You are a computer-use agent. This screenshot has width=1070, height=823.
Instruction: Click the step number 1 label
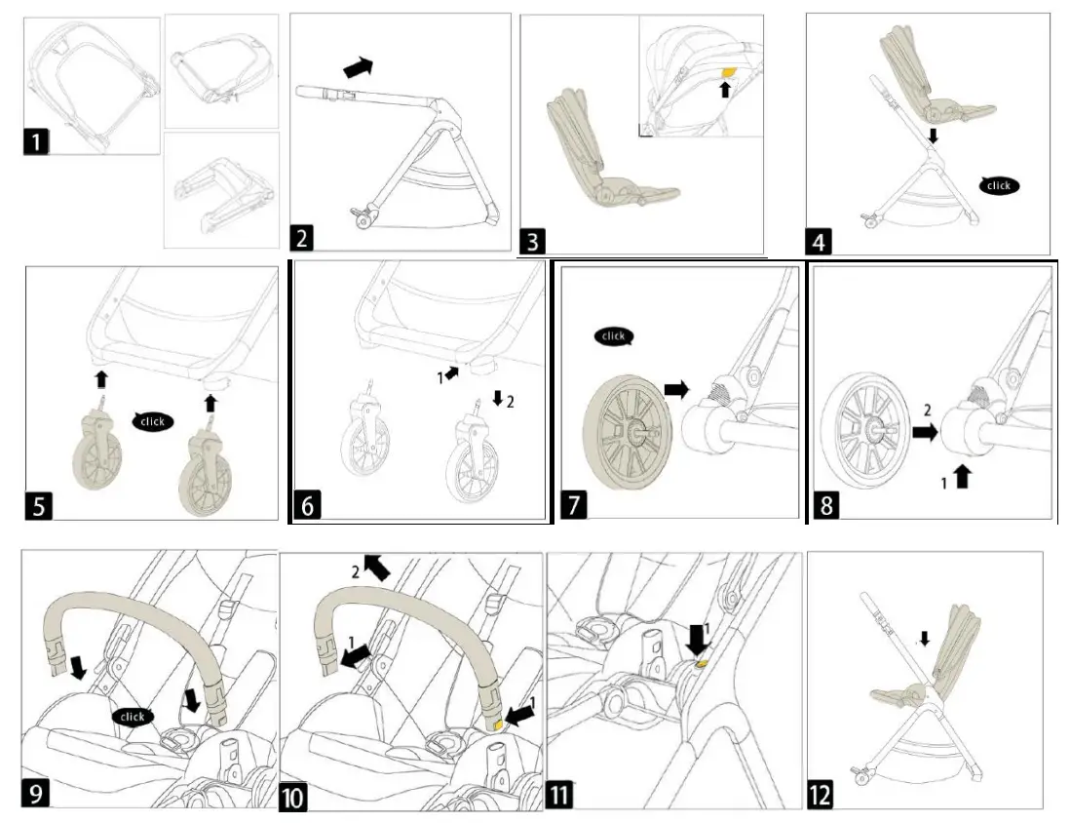click(36, 141)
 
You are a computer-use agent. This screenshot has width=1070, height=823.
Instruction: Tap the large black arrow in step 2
click(358, 67)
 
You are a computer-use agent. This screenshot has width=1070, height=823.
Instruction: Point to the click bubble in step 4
click(999, 185)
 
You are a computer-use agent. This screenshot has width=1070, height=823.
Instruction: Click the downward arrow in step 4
click(933, 137)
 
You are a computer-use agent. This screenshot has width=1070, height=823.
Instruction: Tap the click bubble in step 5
click(153, 421)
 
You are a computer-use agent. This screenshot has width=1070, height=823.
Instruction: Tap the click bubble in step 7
click(613, 336)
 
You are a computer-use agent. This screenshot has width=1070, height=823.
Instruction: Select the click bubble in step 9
click(132, 717)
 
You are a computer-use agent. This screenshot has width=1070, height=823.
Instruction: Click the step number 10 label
click(294, 797)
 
